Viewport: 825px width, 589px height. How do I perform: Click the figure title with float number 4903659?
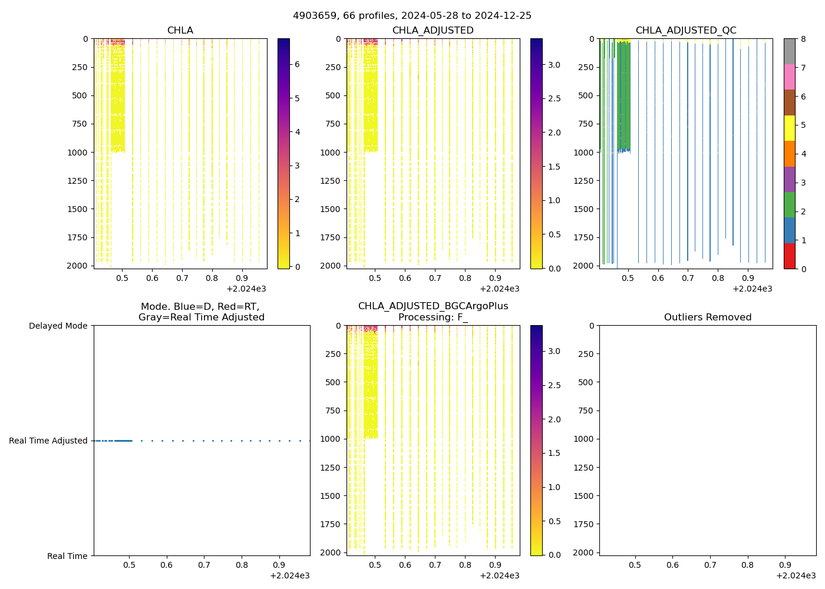[x=412, y=16]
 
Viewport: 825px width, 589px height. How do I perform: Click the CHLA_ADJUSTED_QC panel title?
[x=686, y=31]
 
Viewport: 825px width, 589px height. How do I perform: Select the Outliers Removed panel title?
[x=707, y=317]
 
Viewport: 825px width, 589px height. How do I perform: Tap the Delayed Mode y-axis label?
[x=58, y=326]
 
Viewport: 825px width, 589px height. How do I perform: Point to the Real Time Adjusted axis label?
[x=48, y=441]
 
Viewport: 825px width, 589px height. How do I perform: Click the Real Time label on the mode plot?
[x=67, y=556]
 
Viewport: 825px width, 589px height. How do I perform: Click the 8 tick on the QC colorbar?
[x=802, y=39]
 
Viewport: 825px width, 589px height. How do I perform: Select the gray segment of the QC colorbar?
[x=789, y=51]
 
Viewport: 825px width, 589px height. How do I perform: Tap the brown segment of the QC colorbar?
[x=789, y=102]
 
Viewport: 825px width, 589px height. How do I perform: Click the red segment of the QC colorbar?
[x=789, y=256]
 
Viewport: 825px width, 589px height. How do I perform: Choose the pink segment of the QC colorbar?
[x=789, y=77]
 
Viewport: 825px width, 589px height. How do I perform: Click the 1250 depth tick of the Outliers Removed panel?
[x=584, y=468]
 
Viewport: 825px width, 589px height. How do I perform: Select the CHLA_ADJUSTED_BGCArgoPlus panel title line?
[x=433, y=306]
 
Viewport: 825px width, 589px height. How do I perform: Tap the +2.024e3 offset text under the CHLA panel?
[x=246, y=289]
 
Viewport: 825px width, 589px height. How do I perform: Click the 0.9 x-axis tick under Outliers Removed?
[x=785, y=565]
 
